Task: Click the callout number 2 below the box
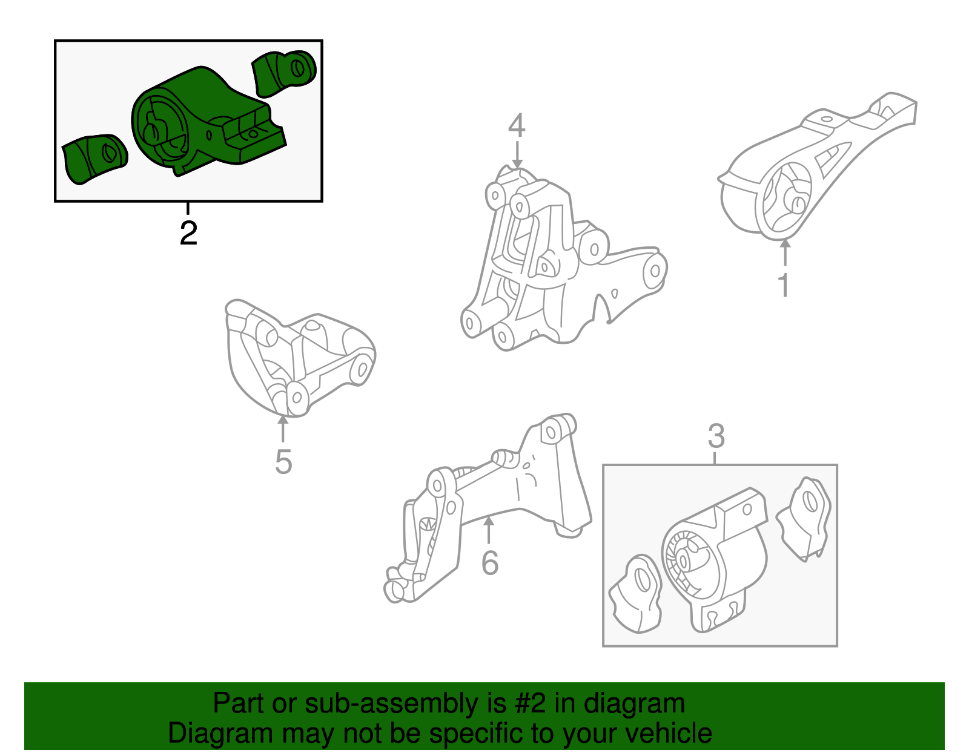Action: pyautogui.click(x=188, y=234)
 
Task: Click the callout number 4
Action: pyautogui.click(x=516, y=126)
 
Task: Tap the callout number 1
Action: pyautogui.click(x=784, y=285)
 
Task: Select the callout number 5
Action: pyautogui.click(x=283, y=462)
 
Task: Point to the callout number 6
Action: pyautogui.click(x=489, y=563)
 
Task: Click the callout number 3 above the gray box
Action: pyautogui.click(x=716, y=436)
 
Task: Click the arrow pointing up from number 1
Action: pyautogui.click(x=785, y=252)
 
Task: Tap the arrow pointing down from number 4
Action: pyautogui.click(x=517, y=155)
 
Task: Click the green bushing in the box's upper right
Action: pyautogui.click(x=283, y=73)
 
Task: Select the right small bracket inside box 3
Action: pyautogui.click(x=804, y=518)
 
